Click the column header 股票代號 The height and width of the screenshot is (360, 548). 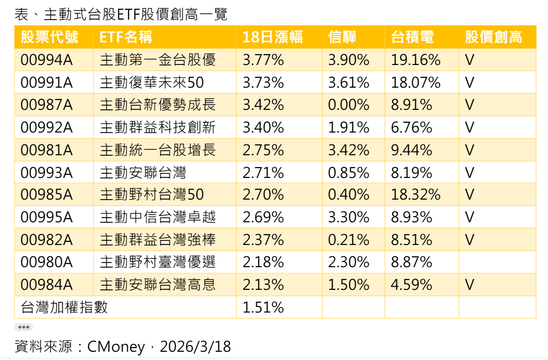50,37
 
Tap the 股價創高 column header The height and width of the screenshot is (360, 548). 493,37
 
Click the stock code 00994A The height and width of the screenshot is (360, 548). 46,60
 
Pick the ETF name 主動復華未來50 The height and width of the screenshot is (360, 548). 152,83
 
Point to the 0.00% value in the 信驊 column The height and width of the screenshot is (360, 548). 349,105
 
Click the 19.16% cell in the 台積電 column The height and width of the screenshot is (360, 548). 416,60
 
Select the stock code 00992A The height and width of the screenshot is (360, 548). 46,127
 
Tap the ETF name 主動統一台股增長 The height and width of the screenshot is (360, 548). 157,150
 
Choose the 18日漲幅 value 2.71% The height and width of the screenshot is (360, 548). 263,172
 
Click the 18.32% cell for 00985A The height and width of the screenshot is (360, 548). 416,195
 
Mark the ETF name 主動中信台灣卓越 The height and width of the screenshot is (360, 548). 157,217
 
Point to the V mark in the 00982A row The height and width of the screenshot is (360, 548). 469,240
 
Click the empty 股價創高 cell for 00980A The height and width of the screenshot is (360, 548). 497,262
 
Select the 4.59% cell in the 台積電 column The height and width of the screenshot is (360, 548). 412,285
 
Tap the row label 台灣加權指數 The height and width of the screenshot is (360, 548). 64,307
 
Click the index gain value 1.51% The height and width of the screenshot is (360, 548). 263,307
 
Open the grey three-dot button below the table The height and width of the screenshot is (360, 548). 23,327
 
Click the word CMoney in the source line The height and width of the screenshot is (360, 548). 116,346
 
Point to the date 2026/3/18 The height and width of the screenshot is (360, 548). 196,346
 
